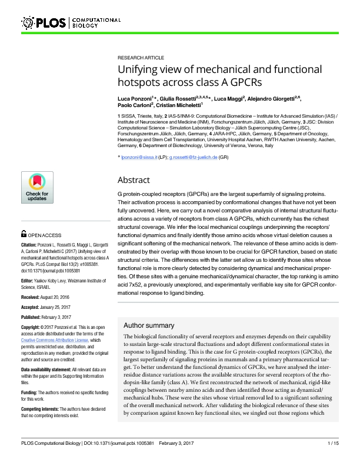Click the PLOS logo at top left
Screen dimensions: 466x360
(x=45, y=23)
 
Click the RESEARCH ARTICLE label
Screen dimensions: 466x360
(x=141, y=58)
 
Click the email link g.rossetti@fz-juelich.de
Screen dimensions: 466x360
(x=194, y=158)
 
